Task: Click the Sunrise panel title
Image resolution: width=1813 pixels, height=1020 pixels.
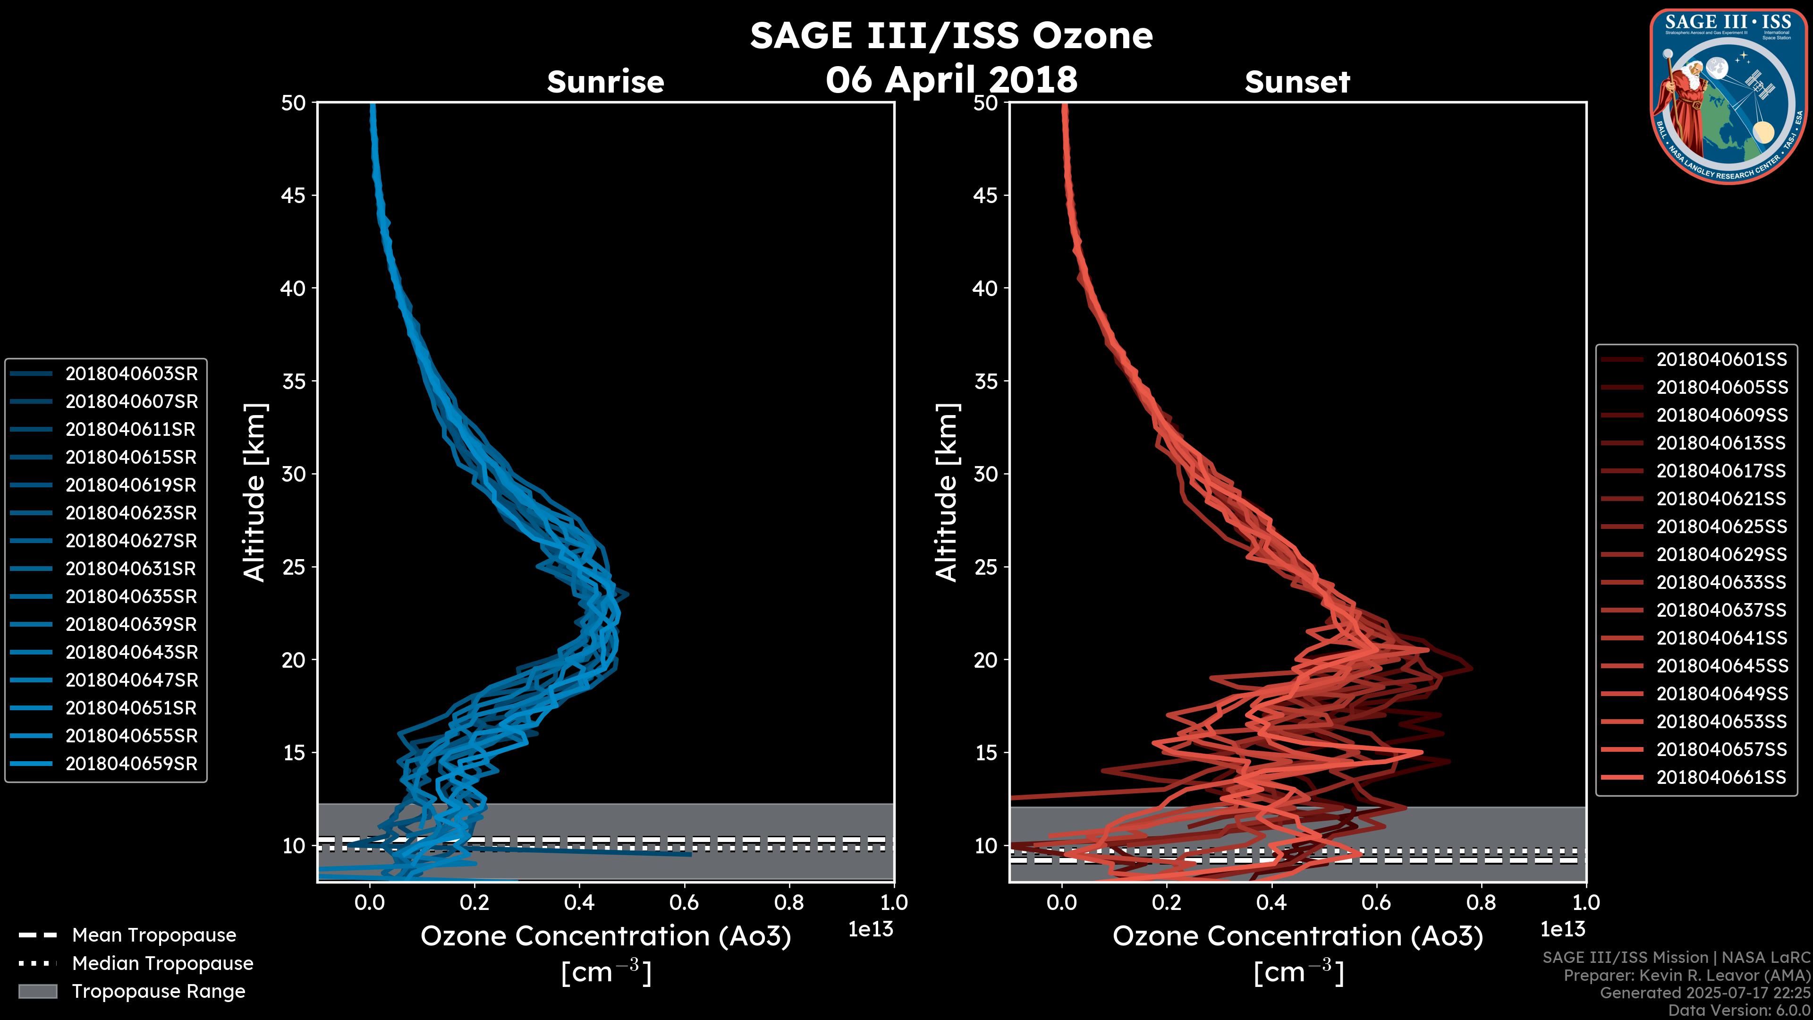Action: [605, 82]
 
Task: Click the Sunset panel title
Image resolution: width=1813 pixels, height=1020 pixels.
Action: [1297, 82]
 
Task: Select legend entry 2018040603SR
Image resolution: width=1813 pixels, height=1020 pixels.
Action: [131, 374]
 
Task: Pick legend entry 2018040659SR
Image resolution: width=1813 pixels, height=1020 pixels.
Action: [131, 764]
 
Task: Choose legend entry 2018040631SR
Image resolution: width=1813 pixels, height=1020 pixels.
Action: [131, 569]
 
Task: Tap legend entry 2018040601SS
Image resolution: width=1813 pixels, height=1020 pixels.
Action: [1721, 360]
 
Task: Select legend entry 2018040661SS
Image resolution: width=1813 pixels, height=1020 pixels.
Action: [1721, 777]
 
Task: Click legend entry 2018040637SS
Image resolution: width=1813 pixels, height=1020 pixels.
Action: [1721, 610]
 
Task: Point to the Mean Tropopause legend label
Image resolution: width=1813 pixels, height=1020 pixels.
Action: [154, 935]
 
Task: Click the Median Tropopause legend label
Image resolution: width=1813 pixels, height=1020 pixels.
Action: [162, 964]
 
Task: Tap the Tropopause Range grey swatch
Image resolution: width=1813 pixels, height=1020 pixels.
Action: [38, 991]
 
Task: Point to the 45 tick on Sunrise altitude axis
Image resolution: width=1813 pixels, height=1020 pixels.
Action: [294, 195]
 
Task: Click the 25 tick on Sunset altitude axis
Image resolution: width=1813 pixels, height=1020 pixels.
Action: [985, 567]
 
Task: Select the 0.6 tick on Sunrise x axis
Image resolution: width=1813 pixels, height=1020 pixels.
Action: [684, 902]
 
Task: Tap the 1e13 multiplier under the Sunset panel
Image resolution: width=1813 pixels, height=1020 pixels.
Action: [1562, 929]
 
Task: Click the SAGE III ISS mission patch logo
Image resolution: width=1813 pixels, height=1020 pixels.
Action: [1728, 96]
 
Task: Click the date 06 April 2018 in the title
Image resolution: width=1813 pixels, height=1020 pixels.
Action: [951, 79]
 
